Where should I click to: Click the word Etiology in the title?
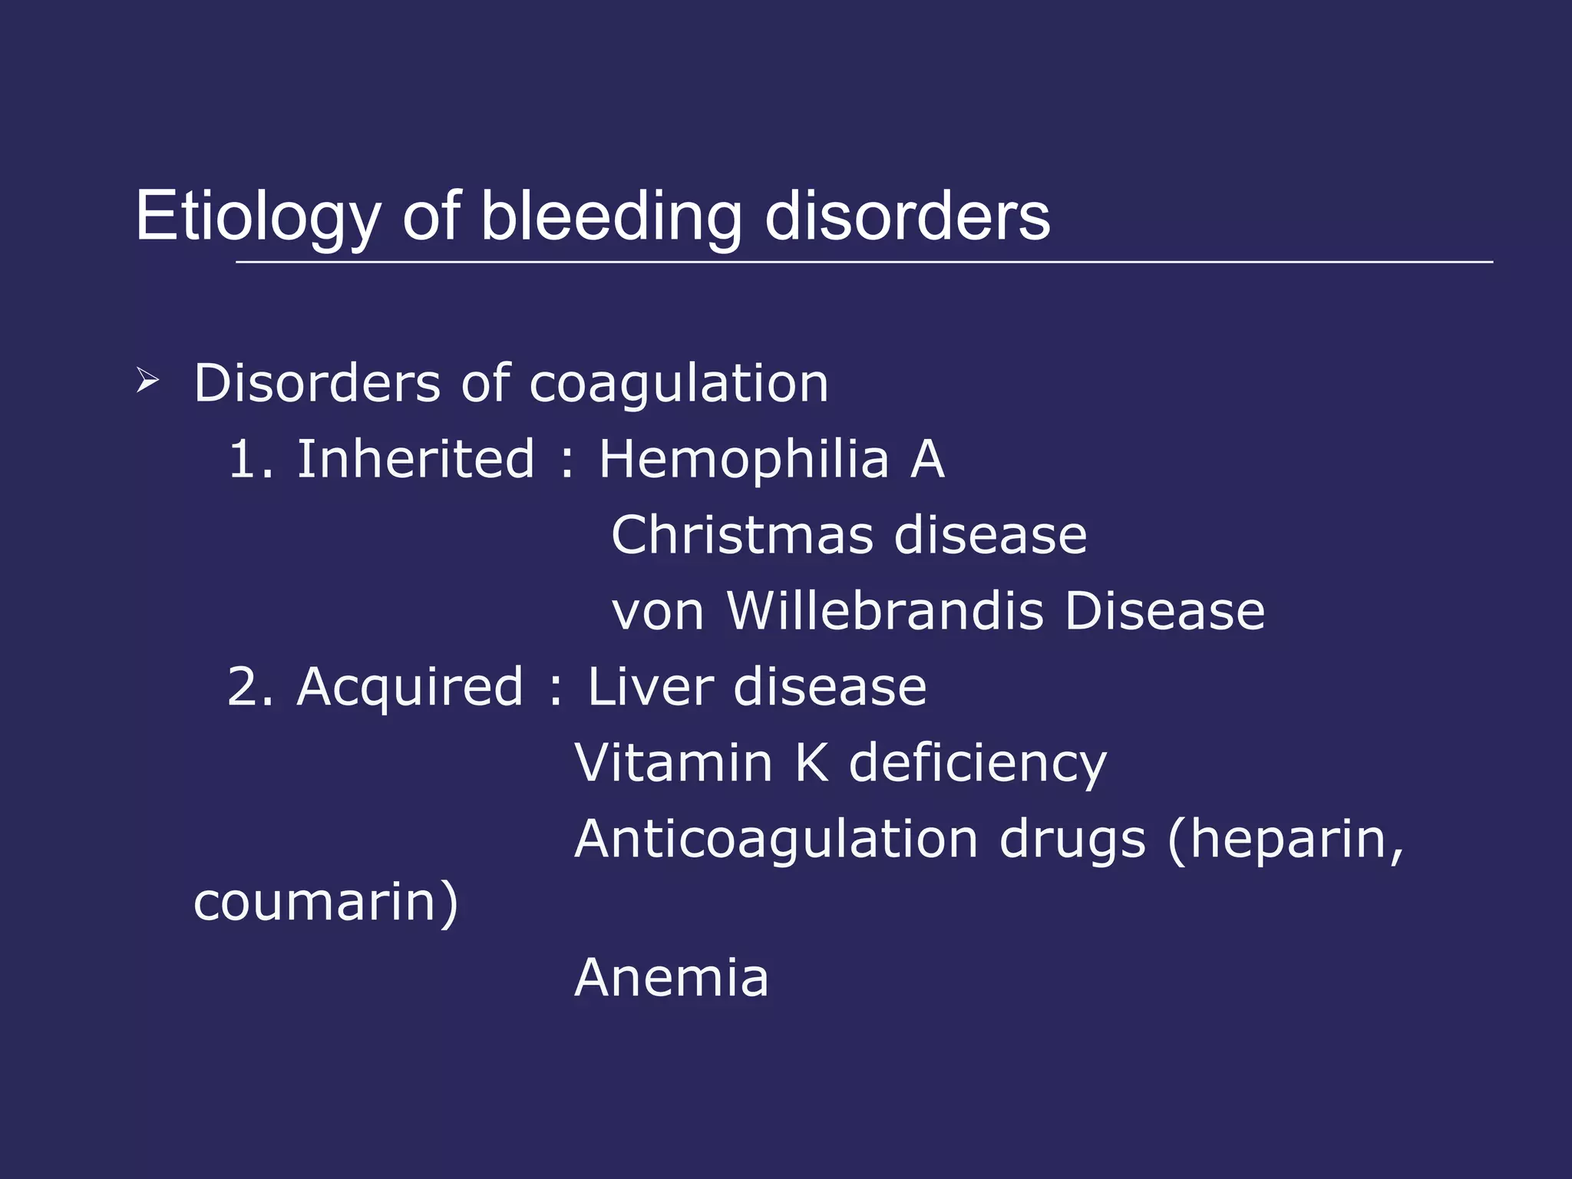257,217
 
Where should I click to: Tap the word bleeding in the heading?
611,217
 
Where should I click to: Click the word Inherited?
415,459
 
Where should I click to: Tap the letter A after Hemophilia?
927,459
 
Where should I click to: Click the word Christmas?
741,534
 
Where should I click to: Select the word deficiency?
977,765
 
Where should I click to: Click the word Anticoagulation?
775,839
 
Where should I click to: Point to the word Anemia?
671,978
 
